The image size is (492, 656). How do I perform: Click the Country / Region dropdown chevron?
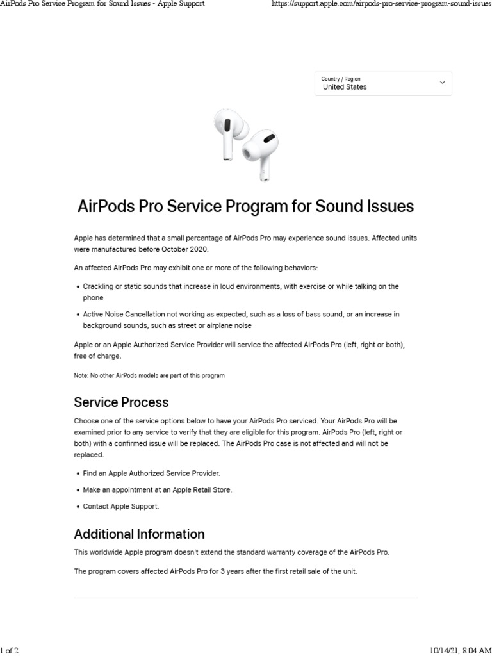[442, 83]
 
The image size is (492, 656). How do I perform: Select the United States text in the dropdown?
[345, 87]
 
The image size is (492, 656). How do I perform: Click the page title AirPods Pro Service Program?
[245, 206]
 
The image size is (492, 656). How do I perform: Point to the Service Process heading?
[121, 402]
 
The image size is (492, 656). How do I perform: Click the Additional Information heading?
[139, 534]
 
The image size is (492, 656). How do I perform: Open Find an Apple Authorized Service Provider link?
[151, 473]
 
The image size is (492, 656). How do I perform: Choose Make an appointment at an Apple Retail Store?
[157, 489]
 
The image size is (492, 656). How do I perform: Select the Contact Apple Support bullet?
[120, 506]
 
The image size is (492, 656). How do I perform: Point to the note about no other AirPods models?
[149, 375]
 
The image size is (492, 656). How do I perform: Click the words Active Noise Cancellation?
[123, 315]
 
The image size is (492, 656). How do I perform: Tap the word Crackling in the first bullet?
[98, 286]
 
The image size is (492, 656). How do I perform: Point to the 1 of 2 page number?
[10, 650]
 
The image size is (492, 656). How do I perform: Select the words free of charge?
[97, 356]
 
